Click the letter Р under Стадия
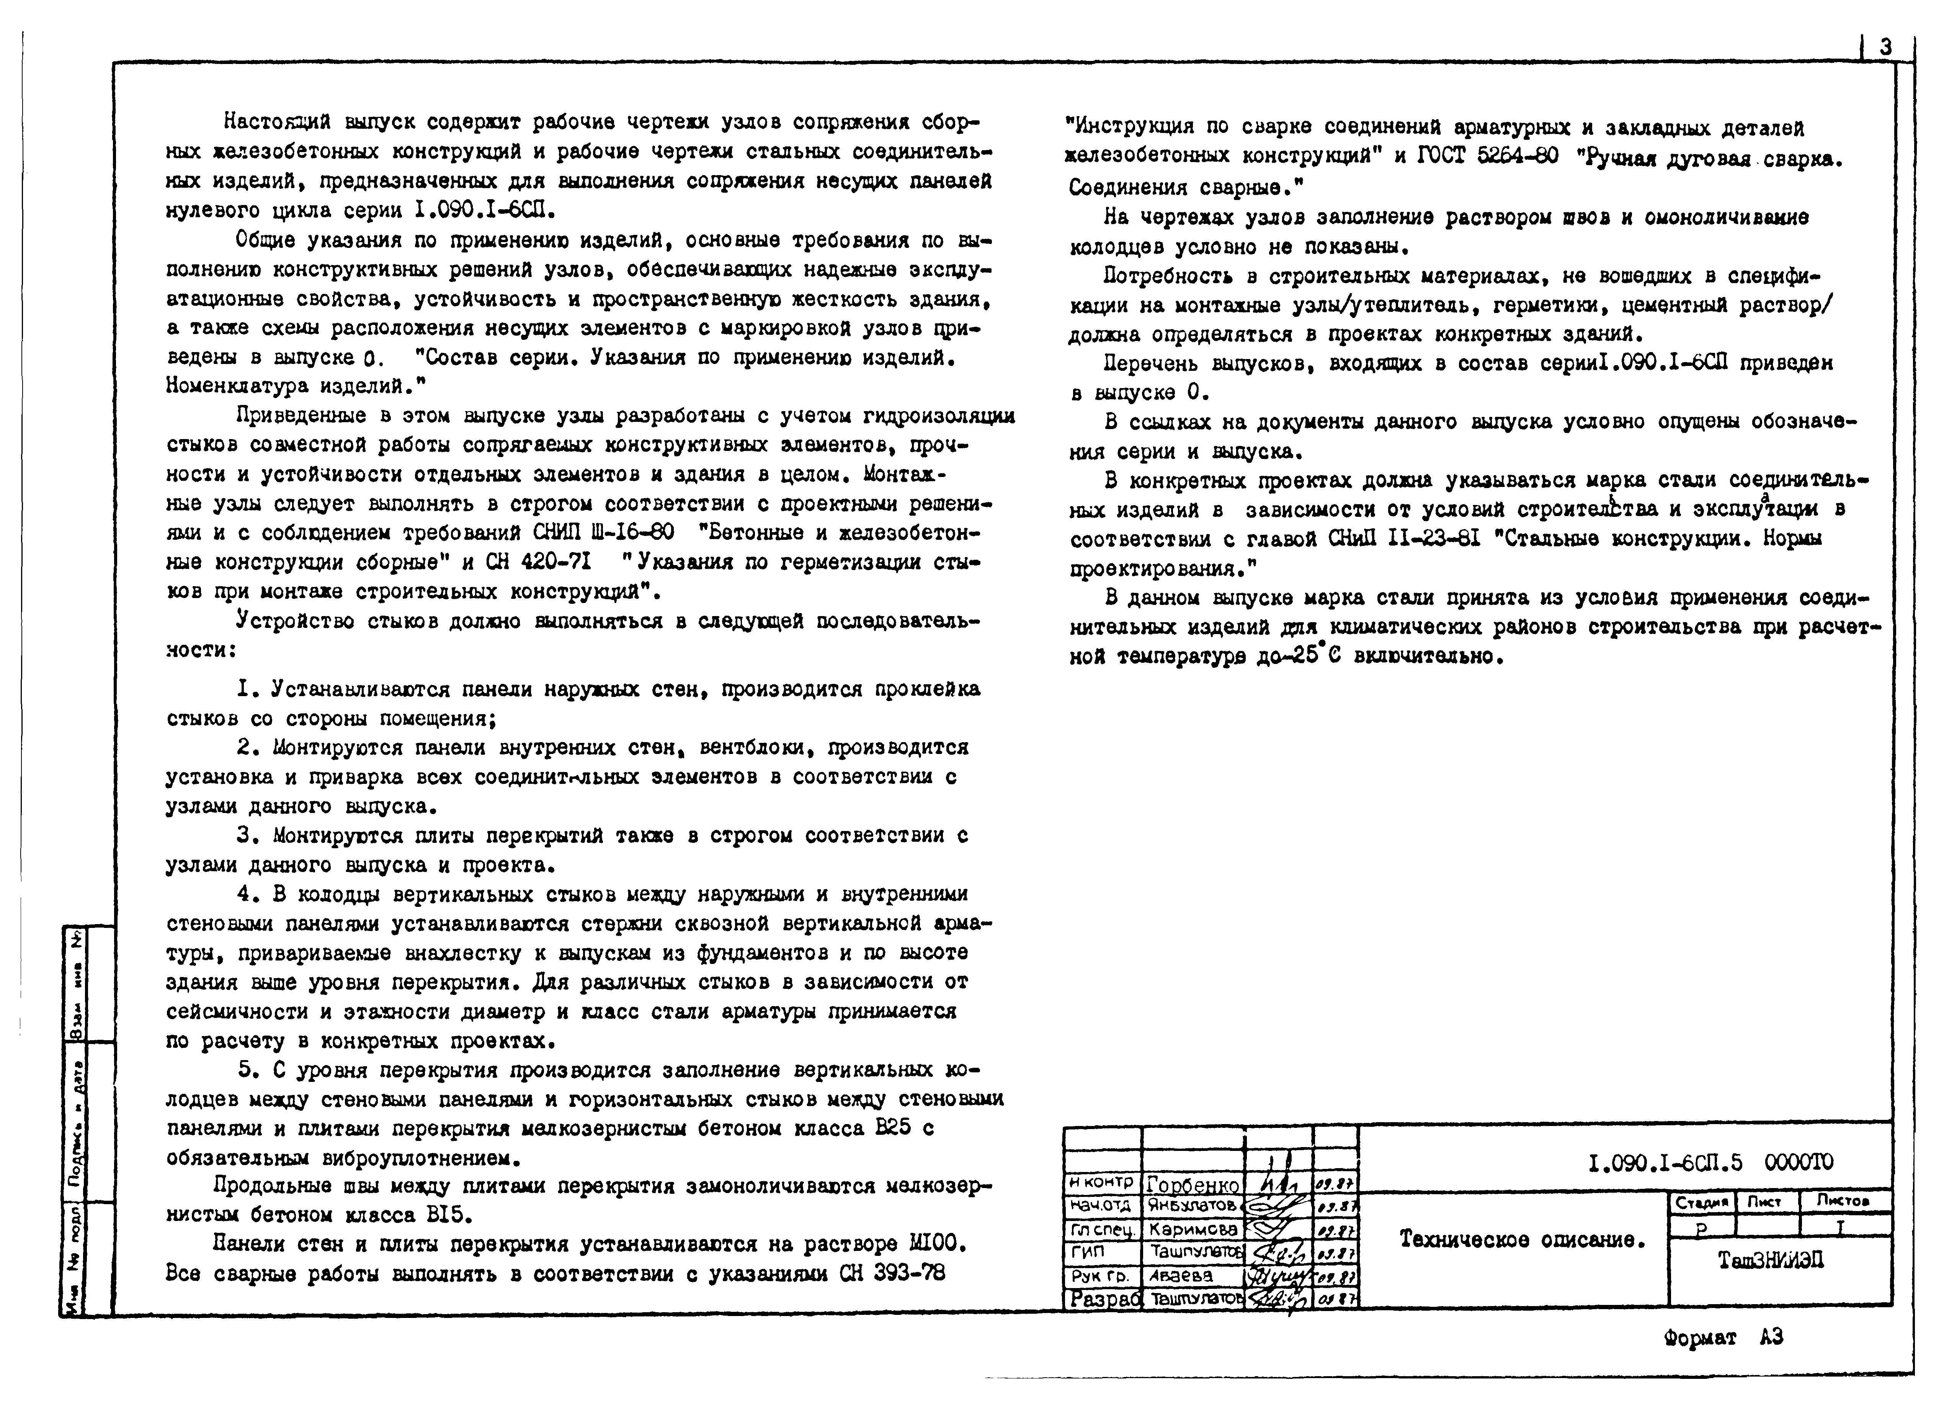(x=1701, y=1228)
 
